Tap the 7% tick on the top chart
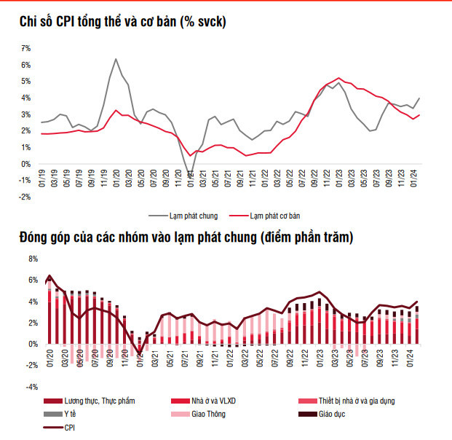coord(25,48)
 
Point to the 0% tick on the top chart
coord(25,164)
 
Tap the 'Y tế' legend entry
coord(73,415)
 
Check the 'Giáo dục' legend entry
coord(331,415)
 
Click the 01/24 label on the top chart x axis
coord(414,178)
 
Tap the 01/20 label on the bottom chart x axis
coord(52,356)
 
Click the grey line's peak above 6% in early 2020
coord(116,59)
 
